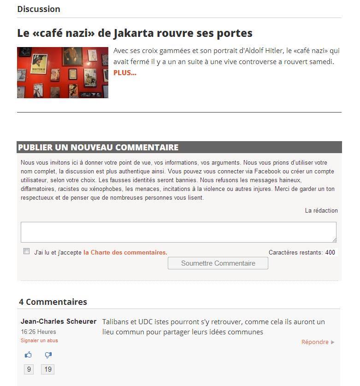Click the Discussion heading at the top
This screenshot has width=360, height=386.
point(39,9)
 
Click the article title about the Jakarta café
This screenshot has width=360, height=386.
point(135,33)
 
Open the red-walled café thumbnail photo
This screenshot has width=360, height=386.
point(63,72)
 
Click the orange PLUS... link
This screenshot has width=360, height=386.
point(125,72)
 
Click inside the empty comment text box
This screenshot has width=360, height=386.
point(178,232)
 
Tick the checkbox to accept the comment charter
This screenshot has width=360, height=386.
point(27,251)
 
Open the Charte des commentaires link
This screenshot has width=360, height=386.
point(125,252)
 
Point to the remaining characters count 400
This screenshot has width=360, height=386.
point(330,252)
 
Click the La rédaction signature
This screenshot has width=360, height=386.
point(321,210)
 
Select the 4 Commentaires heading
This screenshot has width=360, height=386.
point(53,302)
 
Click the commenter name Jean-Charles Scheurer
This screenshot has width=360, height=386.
point(59,321)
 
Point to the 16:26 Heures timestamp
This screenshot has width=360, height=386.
point(38,332)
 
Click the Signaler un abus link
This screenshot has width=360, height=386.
point(39,340)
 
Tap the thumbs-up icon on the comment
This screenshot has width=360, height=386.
point(29,355)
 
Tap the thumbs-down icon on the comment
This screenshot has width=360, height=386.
point(48,355)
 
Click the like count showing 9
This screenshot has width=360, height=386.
point(29,369)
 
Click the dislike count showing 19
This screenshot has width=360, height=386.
point(48,369)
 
